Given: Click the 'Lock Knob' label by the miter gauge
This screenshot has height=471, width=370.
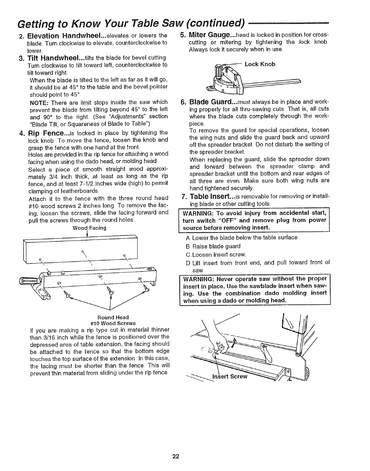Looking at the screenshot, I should coord(260,64).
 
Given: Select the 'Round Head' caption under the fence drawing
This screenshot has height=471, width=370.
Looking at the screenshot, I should coord(113,318).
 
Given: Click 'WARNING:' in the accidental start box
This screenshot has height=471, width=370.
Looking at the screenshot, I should coord(197,213).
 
